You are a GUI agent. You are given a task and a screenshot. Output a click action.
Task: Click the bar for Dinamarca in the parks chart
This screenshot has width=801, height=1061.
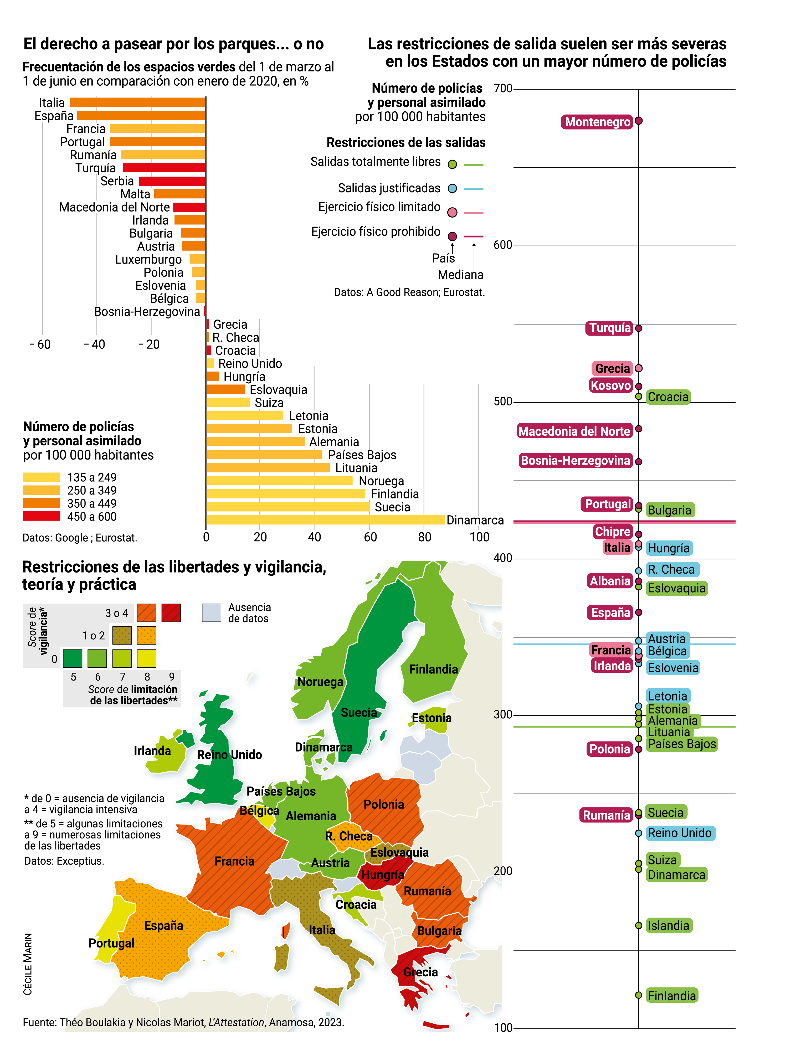[x=325, y=520]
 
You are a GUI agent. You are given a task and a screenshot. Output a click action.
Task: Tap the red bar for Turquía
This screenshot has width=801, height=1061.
[x=164, y=168]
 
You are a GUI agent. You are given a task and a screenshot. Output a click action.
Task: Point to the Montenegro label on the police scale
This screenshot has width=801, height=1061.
[x=597, y=122]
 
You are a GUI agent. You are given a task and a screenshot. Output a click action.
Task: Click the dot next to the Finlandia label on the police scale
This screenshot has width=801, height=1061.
[x=638, y=995]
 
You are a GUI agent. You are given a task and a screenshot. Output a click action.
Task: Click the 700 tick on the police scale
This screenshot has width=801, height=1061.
[x=503, y=88]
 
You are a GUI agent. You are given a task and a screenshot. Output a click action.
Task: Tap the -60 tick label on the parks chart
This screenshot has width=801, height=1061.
[x=40, y=344]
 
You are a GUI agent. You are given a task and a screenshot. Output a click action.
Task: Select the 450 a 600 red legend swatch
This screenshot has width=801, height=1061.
[x=42, y=516]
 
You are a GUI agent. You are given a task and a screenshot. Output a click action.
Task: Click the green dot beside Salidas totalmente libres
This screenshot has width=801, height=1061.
[x=452, y=164]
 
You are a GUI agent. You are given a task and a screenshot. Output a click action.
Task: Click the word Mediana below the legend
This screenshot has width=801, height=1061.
[x=460, y=275]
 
